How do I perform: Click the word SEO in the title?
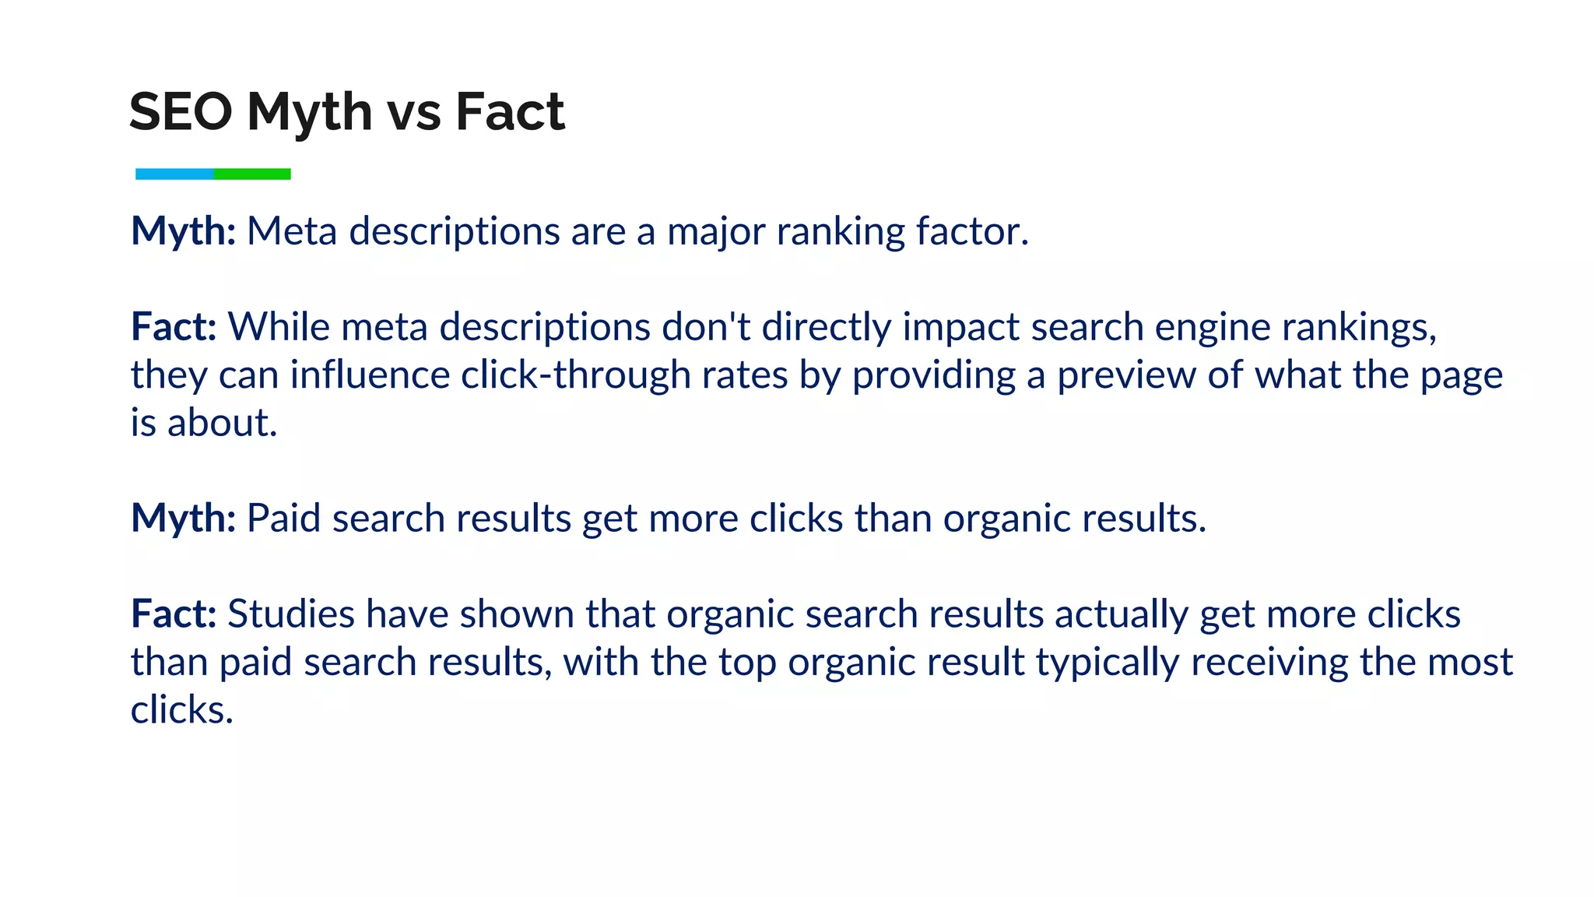pos(181,111)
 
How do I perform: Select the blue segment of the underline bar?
pos(174,174)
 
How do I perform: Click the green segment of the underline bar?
pos(252,174)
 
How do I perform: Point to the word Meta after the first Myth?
pos(292,231)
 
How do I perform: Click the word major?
pos(716,231)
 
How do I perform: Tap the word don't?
pos(706,326)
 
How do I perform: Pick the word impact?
pos(960,326)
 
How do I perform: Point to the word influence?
pos(370,375)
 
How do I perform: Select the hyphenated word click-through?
pos(575,375)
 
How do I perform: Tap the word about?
pos(222,423)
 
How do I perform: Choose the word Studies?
pos(291,614)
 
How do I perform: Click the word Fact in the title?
pos(510,111)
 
